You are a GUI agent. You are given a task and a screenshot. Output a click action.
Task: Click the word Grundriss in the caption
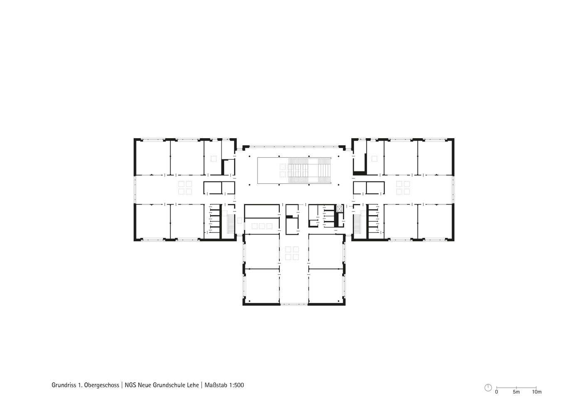pyautogui.click(x=64, y=385)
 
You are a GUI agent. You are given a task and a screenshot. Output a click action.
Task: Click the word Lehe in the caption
pyautogui.click(x=193, y=385)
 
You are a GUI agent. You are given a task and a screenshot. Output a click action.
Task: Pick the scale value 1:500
pyautogui.click(x=237, y=385)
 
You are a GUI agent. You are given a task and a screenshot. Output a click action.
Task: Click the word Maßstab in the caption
pyautogui.click(x=216, y=385)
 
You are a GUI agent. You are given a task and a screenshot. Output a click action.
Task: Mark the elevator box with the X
pyautogui.click(x=340, y=209)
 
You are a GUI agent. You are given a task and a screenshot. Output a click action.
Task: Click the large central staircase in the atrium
pyautogui.click(x=309, y=171)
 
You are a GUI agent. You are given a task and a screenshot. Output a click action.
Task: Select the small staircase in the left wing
pyautogui.click(x=231, y=224)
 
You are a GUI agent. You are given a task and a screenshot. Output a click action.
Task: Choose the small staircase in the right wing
pyautogui.click(x=357, y=224)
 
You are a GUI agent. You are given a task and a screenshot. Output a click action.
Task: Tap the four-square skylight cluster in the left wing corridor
pyautogui.click(x=185, y=188)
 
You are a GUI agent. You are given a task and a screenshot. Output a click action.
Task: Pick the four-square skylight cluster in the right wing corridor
pyautogui.click(x=403, y=188)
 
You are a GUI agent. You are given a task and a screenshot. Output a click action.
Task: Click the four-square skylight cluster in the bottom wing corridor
pyautogui.click(x=292, y=253)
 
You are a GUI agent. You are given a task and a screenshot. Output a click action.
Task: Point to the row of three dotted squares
pyautogui.click(x=262, y=226)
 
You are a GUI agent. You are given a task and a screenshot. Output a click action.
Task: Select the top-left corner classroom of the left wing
pyautogui.click(x=153, y=158)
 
